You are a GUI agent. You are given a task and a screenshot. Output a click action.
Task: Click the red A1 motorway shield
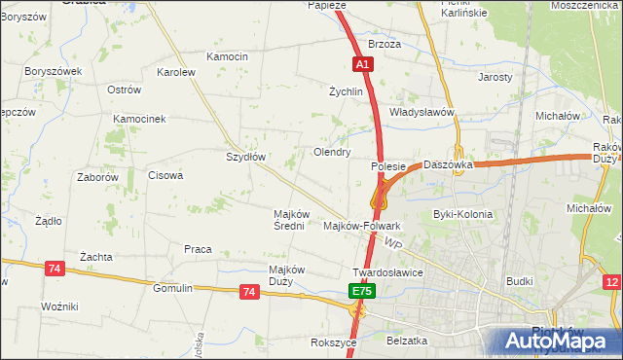pyautogui.click(x=361, y=64)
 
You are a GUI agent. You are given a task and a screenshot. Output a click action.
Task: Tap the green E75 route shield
pyautogui.click(x=362, y=291)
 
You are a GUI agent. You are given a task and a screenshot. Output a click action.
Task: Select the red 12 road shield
pyautogui.click(x=611, y=282)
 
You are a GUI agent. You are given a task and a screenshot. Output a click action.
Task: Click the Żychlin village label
pyautogui.click(x=346, y=92)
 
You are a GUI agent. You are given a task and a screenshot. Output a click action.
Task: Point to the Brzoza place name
pyautogui.click(x=385, y=45)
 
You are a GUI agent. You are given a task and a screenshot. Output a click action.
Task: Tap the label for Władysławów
pyautogui.click(x=422, y=112)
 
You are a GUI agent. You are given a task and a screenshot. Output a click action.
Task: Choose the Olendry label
pyautogui.click(x=331, y=153)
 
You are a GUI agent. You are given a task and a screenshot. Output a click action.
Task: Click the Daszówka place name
pyautogui.click(x=448, y=165)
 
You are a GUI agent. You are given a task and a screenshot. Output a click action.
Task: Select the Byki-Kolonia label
pyautogui.click(x=462, y=214)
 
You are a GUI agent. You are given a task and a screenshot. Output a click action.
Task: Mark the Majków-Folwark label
pyautogui.click(x=361, y=226)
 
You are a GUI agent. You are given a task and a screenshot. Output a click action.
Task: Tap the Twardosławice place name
pyautogui.click(x=387, y=273)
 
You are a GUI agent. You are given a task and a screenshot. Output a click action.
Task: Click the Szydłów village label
pyautogui.click(x=246, y=157)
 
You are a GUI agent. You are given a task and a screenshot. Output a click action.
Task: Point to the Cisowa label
pyautogui.click(x=165, y=176)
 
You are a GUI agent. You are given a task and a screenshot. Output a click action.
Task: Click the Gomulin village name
pyautogui.click(x=173, y=288)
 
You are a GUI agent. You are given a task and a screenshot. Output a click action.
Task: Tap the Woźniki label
pyautogui.click(x=59, y=306)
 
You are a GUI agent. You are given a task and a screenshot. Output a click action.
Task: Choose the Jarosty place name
pyautogui.click(x=495, y=76)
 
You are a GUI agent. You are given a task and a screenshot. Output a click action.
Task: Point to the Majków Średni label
pyautogui.click(x=292, y=220)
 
